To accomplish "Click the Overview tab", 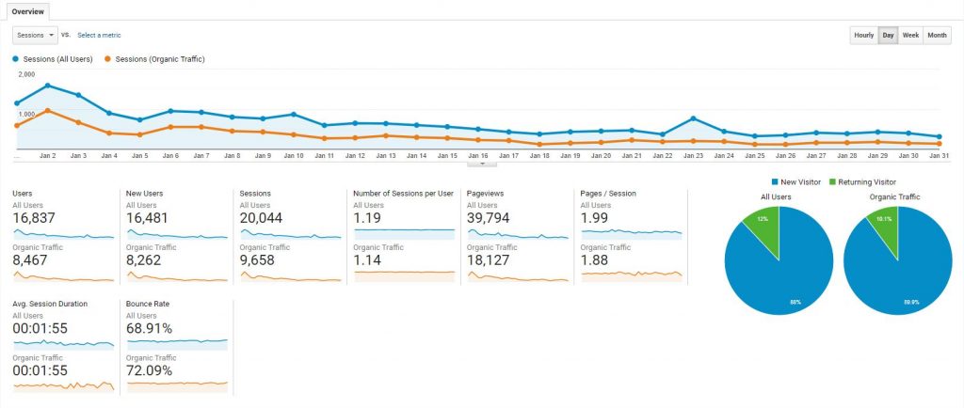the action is pyautogui.click(x=27, y=11).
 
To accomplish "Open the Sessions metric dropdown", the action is pyautogui.click(x=35, y=36).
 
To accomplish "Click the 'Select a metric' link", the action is pyautogui.click(x=99, y=36).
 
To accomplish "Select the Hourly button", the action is pyautogui.click(x=864, y=36).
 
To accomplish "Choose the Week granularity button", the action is pyautogui.click(x=910, y=36).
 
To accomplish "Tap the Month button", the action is pyautogui.click(x=937, y=36).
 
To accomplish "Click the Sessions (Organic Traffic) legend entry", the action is pyautogui.click(x=154, y=59).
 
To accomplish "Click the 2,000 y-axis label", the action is pyautogui.click(x=26, y=74).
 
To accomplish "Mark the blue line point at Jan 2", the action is pyautogui.click(x=47, y=86).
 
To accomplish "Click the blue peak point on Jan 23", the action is pyautogui.click(x=693, y=118).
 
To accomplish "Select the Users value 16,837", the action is pyautogui.click(x=34, y=218).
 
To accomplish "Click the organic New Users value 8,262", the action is pyautogui.click(x=143, y=260).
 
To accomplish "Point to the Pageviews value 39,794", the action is pyautogui.click(x=489, y=218).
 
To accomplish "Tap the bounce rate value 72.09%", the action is pyautogui.click(x=149, y=370).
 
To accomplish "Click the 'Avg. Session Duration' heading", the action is pyautogui.click(x=50, y=304).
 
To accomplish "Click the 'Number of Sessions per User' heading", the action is pyautogui.click(x=403, y=194).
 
